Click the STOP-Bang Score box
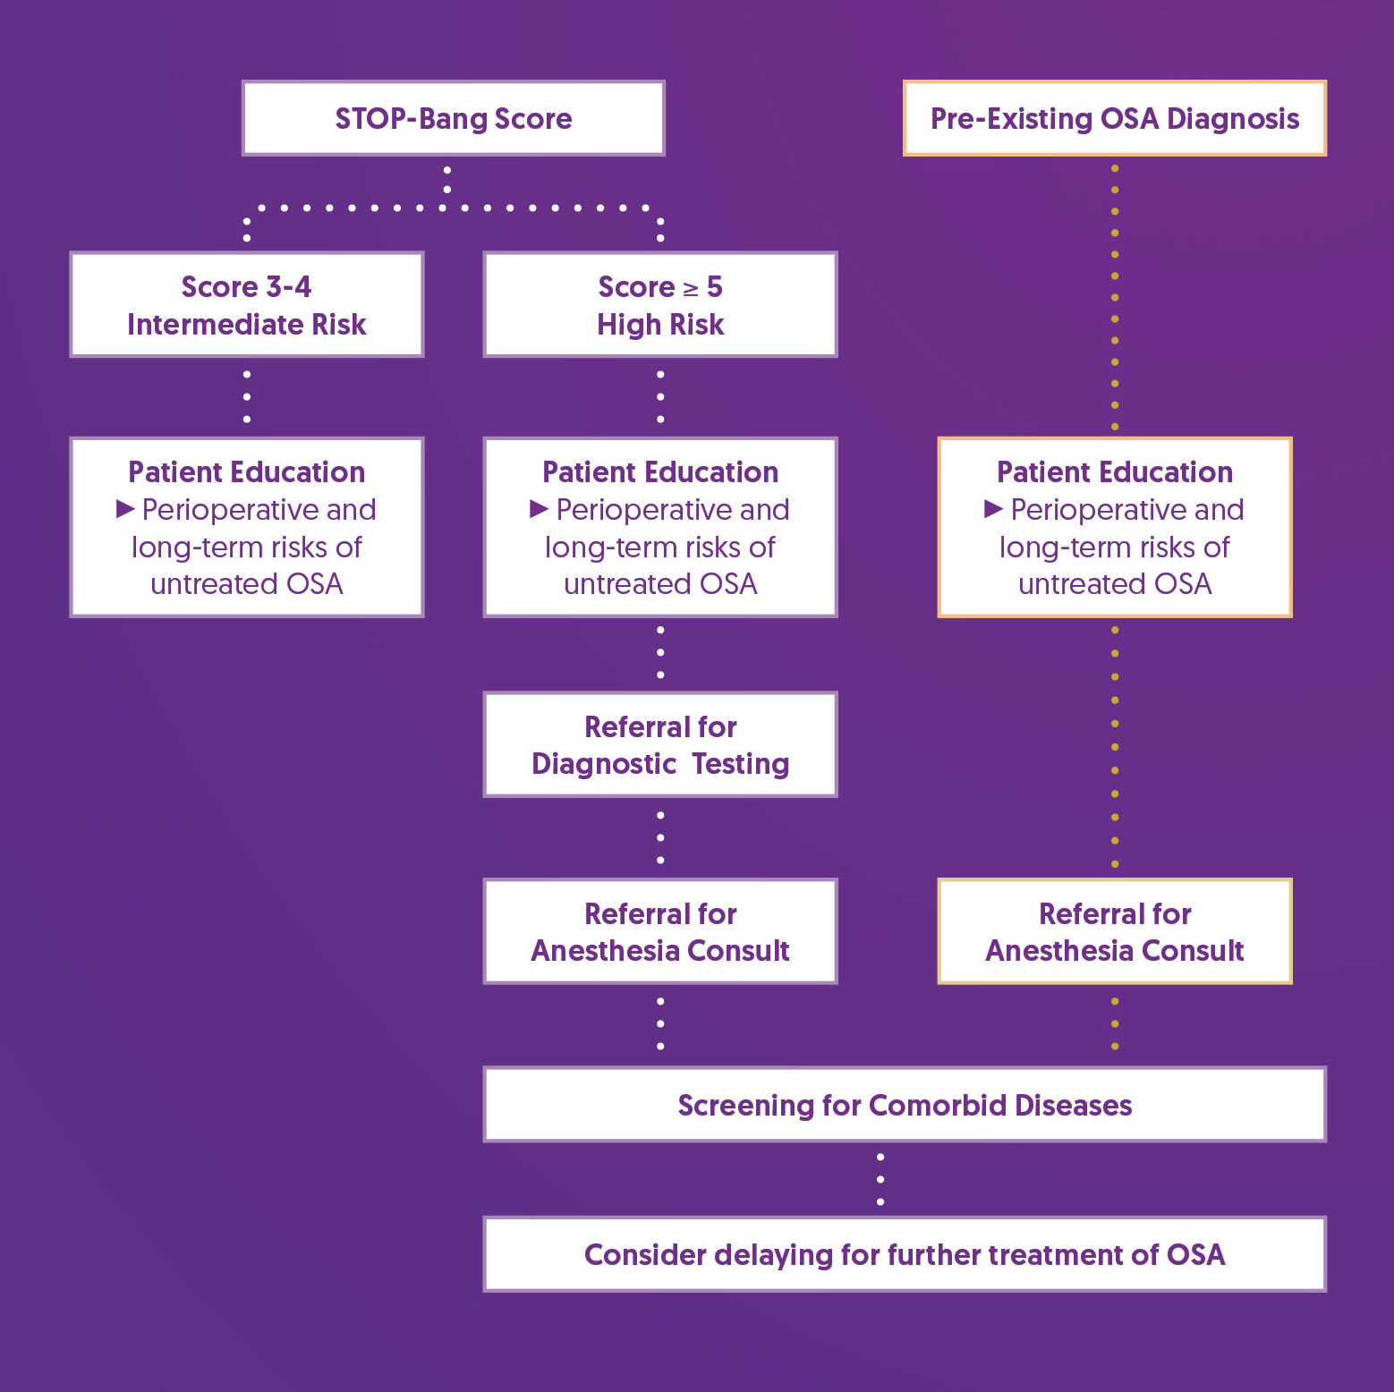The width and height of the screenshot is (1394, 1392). (453, 118)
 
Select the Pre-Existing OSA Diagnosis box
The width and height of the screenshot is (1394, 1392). (1114, 118)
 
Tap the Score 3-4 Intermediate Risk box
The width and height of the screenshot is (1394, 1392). (246, 305)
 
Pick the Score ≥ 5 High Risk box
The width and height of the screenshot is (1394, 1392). (660, 305)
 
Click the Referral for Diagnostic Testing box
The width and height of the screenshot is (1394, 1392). (660, 744)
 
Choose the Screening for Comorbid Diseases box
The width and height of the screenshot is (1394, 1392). (904, 1105)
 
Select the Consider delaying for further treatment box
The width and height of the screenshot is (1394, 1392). (904, 1254)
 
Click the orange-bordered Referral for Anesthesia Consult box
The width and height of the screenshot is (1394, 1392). (1114, 931)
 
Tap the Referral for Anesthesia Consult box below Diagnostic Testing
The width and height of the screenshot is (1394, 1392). (660, 931)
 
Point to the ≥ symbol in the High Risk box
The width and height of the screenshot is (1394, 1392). (691, 289)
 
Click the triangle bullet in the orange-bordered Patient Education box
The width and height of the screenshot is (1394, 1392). (993, 509)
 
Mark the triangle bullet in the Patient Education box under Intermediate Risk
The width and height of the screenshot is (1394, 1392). (125, 509)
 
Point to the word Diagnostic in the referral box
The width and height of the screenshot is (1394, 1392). (604, 764)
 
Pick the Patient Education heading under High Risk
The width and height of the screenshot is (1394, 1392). (660, 471)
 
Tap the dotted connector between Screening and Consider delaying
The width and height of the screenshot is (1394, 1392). (880, 1179)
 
